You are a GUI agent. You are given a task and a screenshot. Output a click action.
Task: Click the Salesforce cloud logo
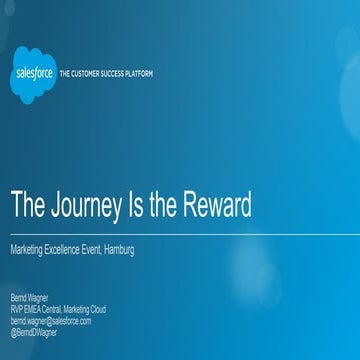pos(35,74)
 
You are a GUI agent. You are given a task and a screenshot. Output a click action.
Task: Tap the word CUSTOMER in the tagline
pos(85,74)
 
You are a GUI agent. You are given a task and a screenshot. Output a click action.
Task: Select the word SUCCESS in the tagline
pos(112,74)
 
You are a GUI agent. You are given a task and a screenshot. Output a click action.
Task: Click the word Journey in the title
pos(87,204)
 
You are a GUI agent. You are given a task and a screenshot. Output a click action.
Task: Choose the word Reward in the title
pos(216,204)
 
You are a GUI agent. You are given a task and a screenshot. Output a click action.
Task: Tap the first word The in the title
pos(26,204)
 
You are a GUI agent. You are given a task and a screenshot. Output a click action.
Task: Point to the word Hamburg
pos(118,250)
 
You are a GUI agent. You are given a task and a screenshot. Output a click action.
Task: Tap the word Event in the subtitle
pos(96,250)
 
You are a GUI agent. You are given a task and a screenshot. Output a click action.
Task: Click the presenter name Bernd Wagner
pos(29,298)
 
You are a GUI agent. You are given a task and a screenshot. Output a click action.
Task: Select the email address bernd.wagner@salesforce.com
pos(51,321)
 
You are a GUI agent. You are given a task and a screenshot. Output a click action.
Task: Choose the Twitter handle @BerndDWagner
pos(34,332)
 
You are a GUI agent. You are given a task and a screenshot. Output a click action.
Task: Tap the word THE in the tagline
pos(65,74)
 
